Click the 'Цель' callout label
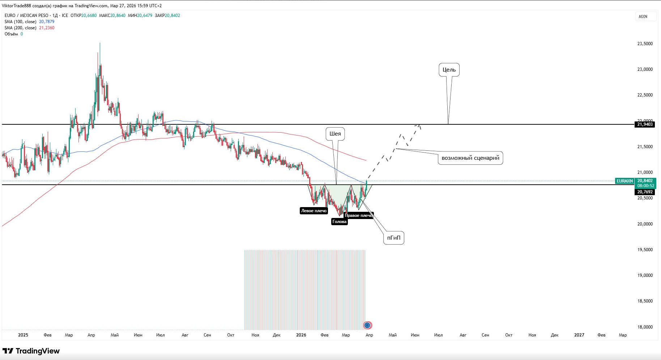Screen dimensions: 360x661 click(449, 70)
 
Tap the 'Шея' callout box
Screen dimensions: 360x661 click(335, 134)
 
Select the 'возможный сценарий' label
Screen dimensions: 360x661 click(470, 158)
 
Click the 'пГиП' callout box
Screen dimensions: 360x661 click(394, 238)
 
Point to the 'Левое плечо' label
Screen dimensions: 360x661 click(314, 211)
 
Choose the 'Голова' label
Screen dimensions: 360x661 click(340, 222)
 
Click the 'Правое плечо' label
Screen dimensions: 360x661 click(358, 215)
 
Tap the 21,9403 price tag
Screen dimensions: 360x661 click(645, 124)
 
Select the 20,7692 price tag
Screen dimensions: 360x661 click(645, 192)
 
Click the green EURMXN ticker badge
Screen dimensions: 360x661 click(624, 181)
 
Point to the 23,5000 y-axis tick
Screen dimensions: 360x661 click(645, 44)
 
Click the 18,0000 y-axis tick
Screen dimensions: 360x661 click(645, 327)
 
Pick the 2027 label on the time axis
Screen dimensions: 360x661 click(579, 335)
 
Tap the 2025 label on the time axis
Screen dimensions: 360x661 click(23, 335)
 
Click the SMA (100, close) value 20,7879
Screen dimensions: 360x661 click(47, 22)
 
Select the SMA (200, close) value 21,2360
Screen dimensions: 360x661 click(47, 28)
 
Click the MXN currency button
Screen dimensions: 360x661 click(643, 17)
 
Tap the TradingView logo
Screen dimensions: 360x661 click(31, 351)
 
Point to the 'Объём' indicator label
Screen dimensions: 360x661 click(11, 34)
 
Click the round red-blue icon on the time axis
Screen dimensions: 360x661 click(367, 325)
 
